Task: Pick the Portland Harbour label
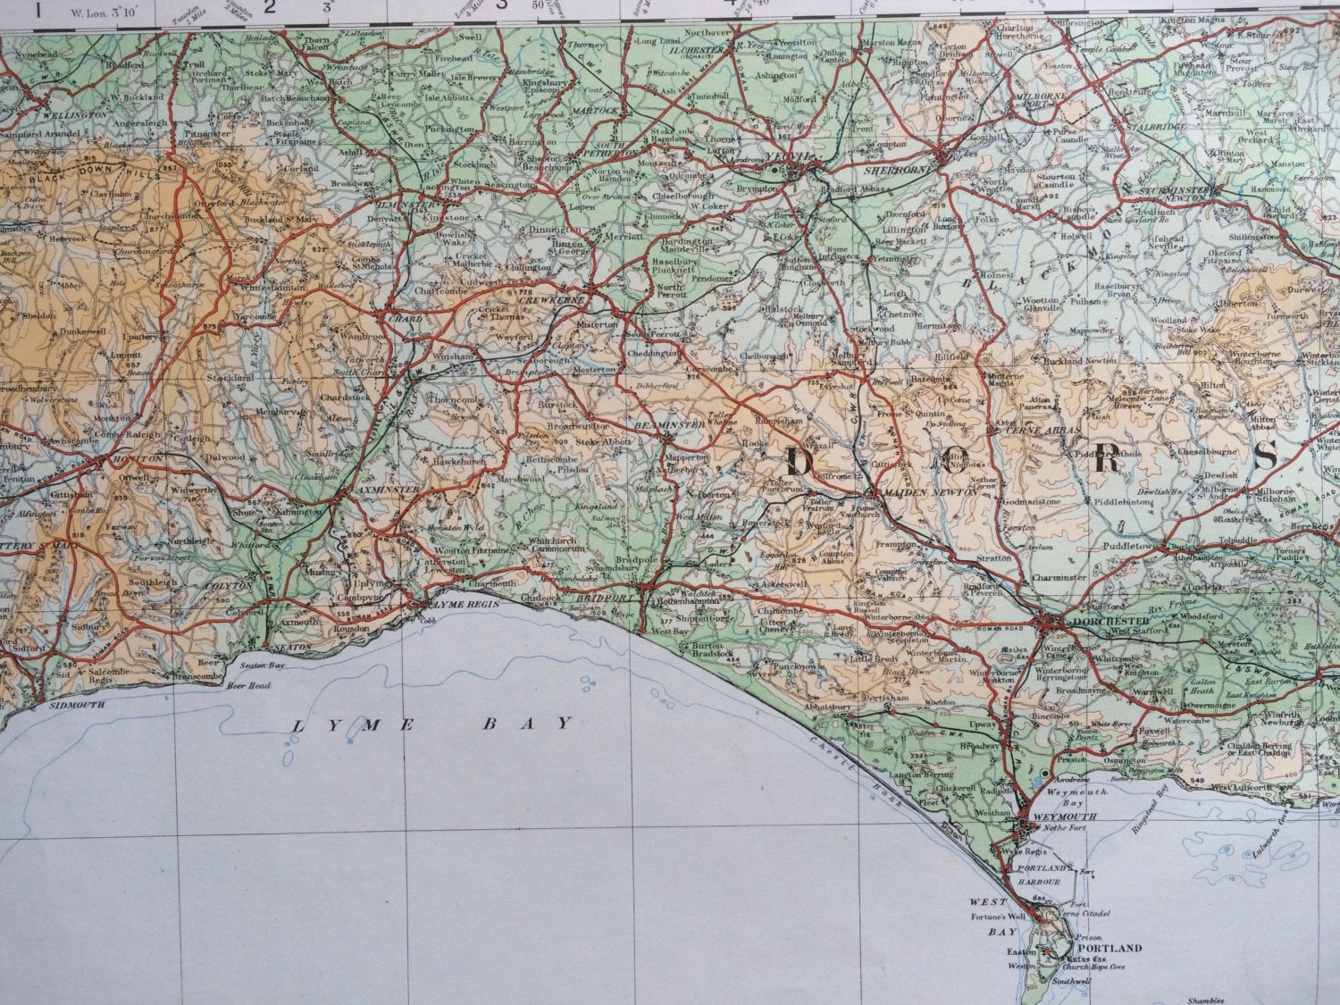(1043, 874)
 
